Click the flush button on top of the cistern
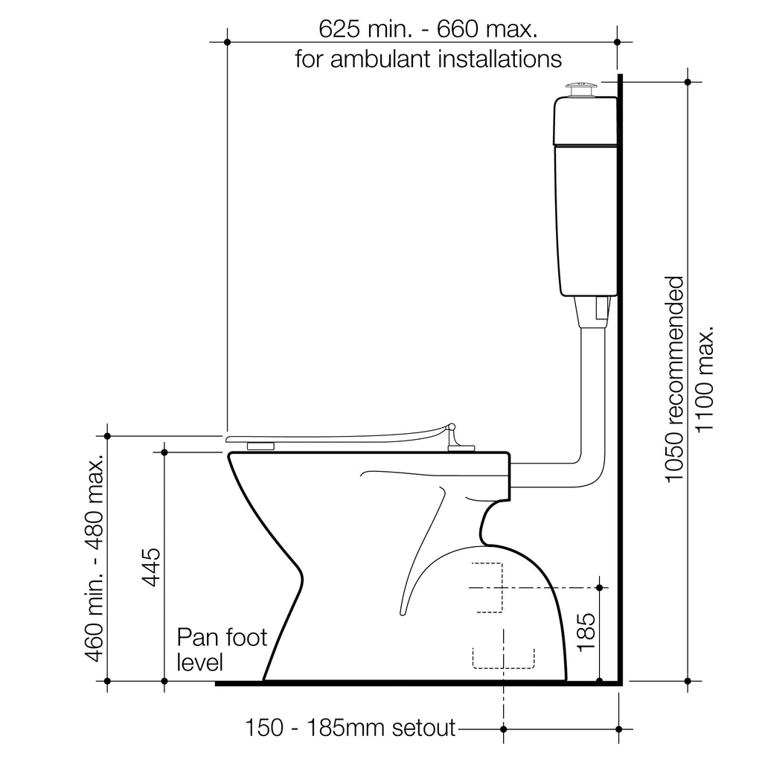pyautogui.click(x=583, y=90)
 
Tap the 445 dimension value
pyautogui.click(x=151, y=567)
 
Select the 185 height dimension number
pyautogui.click(x=586, y=632)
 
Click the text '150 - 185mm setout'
pyautogui.click(x=350, y=728)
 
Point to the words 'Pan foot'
pyautogui.click(x=222, y=637)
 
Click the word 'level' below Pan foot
pyautogui.click(x=199, y=662)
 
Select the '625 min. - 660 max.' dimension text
pyautogui.click(x=428, y=29)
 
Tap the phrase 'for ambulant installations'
pyautogui.click(x=428, y=59)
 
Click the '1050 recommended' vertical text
pyautogui.click(x=674, y=379)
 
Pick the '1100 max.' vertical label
pyautogui.click(x=704, y=379)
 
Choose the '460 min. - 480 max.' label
pyautogui.click(x=95, y=558)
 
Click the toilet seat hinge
pyautogui.click(x=455, y=438)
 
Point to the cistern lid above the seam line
pyautogui.click(x=586, y=120)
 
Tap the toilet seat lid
pyautogui.click(x=340, y=435)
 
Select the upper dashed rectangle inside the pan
pyautogui.click(x=487, y=588)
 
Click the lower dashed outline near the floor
pyautogui.click(x=504, y=658)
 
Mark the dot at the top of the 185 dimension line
pyautogui.click(x=599, y=588)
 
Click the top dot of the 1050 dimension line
pyautogui.click(x=688, y=82)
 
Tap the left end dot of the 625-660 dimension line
pyautogui.click(x=228, y=42)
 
